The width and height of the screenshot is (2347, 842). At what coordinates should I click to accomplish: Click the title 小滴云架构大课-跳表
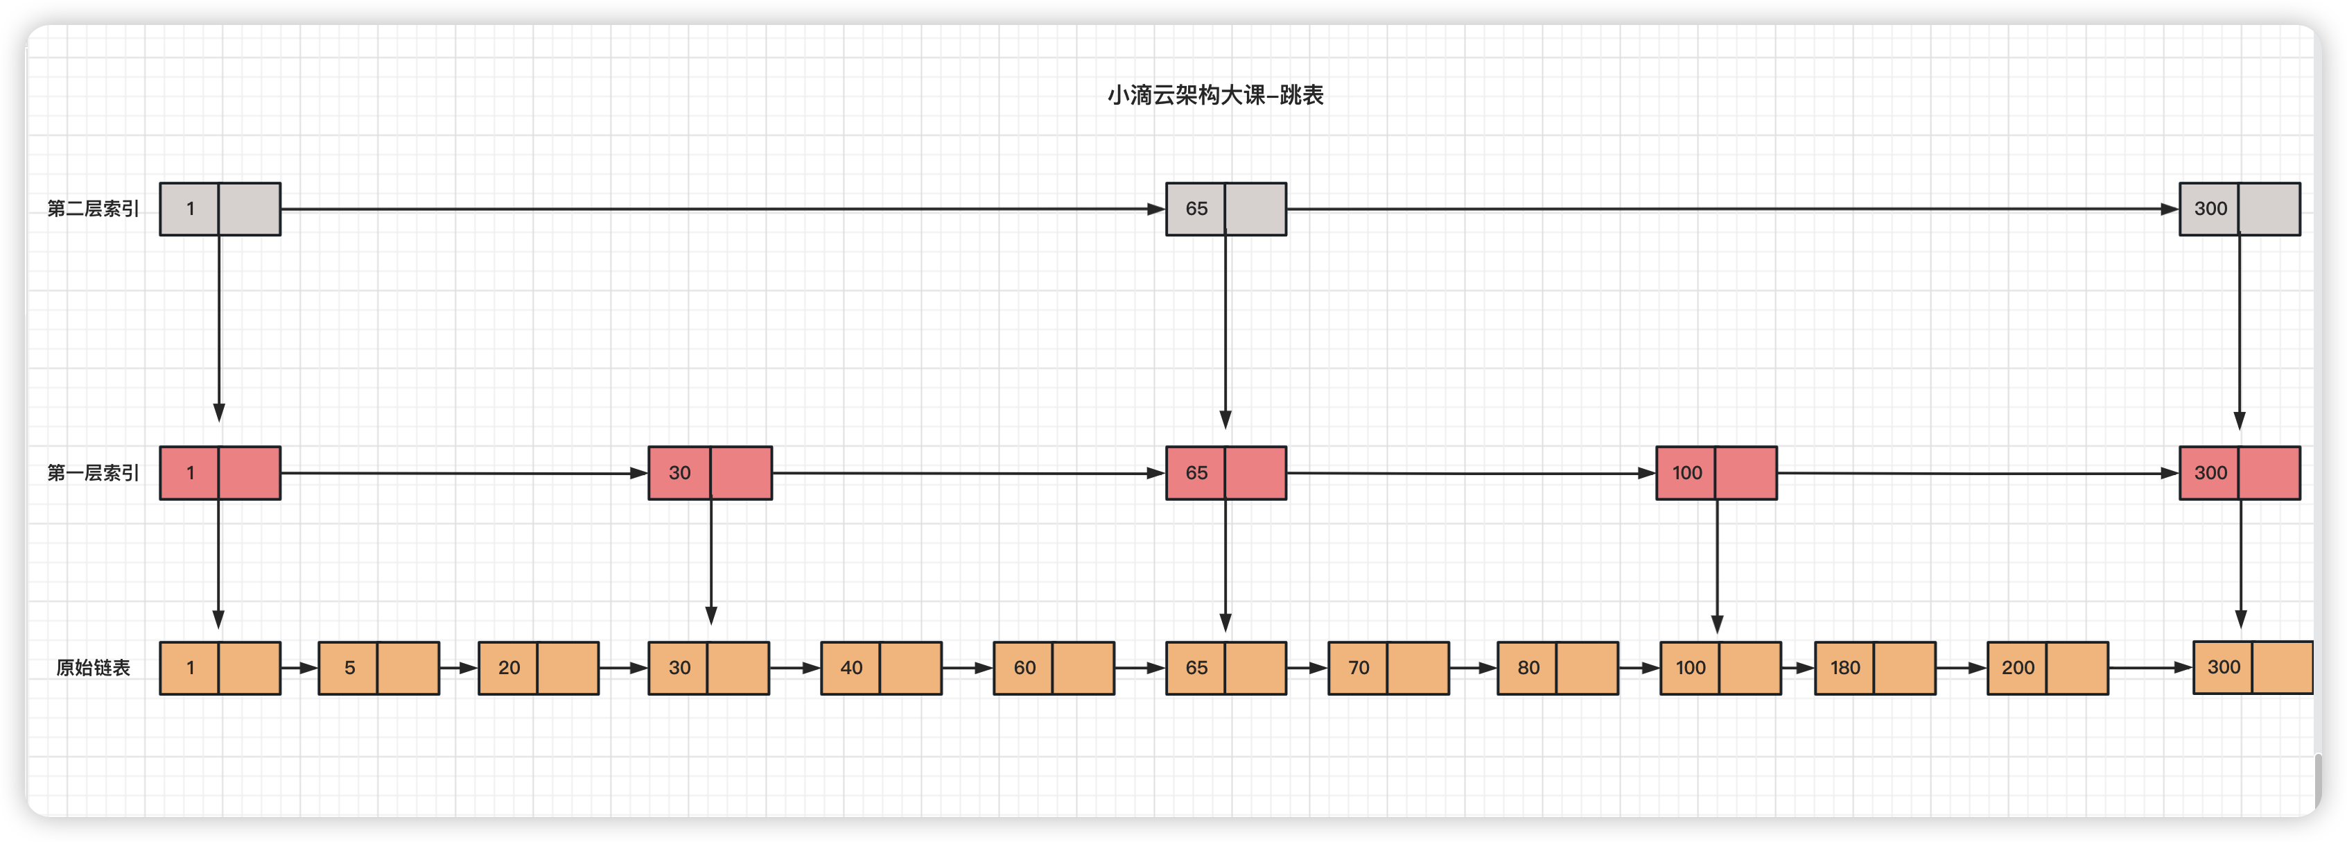pyautogui.click(x=1214, y=96)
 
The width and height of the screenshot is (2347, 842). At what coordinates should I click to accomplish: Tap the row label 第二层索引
pyautogui.click(x=93, y=209)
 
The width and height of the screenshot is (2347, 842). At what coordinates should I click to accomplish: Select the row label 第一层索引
pyautogui.click(x=93, y=473)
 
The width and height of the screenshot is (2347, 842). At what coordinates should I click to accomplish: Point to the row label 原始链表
pyautogui.click(x=93, y=668)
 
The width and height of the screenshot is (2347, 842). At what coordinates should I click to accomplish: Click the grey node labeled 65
pyautogui.click(x=1225, y=209)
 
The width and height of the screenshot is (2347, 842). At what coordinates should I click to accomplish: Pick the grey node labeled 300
pyautogui.click(x=2239, y=209)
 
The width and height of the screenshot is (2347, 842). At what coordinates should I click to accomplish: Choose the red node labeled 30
pyautogui.click(x=710, y=473)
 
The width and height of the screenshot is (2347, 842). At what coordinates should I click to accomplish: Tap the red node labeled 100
pyautogui.click(x=1716, y=473)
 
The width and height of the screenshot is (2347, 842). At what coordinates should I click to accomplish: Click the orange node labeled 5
pyautogui.click(x=378, y=668)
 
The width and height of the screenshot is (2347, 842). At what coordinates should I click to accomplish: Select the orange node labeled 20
pyautogui.click(x=539, y=668)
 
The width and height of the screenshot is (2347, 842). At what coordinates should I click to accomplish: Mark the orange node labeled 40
pyautogui.click(x=881, y=668)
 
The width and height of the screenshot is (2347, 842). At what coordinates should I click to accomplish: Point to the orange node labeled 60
pyautogui.click(x=1053, y=668)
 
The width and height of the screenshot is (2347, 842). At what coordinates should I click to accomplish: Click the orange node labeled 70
pyautogui.click(x=1388, y=668)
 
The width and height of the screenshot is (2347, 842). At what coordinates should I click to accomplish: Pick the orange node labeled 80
pyautogui.click(x=1557, y=668)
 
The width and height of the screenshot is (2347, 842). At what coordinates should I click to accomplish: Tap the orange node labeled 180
pyautogui.click(x=1874, y=668)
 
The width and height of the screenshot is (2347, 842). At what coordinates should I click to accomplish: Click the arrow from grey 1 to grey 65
pyautogui.click(x=719, y=209)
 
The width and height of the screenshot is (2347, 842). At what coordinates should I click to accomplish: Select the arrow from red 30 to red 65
pyautogui.click(x=966, y=473)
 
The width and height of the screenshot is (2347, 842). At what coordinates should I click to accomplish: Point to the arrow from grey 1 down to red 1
pyautogui.click(x=218, y=328)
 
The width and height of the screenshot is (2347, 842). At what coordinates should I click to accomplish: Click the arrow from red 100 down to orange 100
pyautogui.click(x=1716, y=565)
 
